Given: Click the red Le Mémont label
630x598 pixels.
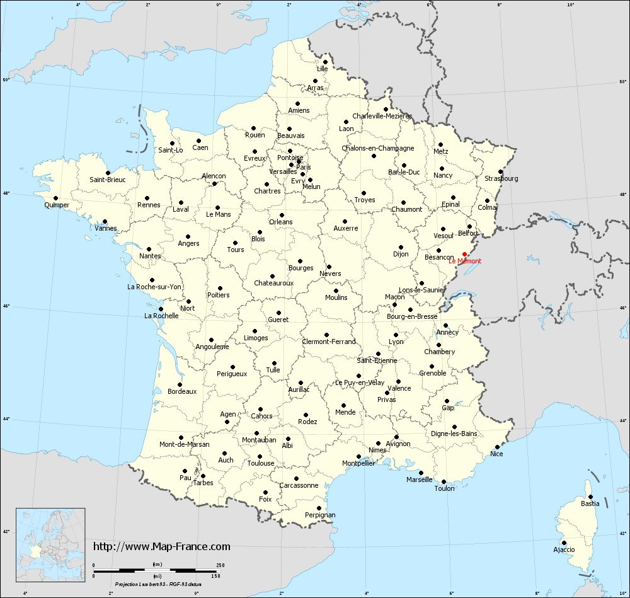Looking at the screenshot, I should click(x=465, y=262).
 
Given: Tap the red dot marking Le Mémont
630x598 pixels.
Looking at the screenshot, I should click(x=465, y=254).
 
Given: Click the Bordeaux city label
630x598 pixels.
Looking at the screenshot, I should click(x=182, y=391).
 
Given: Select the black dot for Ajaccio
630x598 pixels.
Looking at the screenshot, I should click(x=564, y=542).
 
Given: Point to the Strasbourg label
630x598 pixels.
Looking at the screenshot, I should click(x=501, y=178).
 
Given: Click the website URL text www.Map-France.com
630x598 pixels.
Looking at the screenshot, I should click(x=162, y=546).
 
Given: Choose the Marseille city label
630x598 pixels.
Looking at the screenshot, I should click(x=420, y=480).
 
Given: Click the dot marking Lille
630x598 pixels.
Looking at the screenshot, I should click(x=324, y=62).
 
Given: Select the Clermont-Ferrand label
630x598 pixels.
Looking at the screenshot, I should click(x=328, y=342).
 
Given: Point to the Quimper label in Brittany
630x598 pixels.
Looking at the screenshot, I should click(x=57, y=205).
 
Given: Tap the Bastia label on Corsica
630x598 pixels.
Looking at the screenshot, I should click(x=590, y=503).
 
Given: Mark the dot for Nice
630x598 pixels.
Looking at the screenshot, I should click(x=497, y=447).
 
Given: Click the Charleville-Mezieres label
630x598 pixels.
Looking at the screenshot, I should click(x=382, y=116).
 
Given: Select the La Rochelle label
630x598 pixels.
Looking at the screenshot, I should click(x=161, y=316).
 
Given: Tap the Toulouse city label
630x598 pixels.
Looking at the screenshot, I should click(x=261, y=463).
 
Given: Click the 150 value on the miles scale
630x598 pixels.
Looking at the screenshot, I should click(x=215, y=575).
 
